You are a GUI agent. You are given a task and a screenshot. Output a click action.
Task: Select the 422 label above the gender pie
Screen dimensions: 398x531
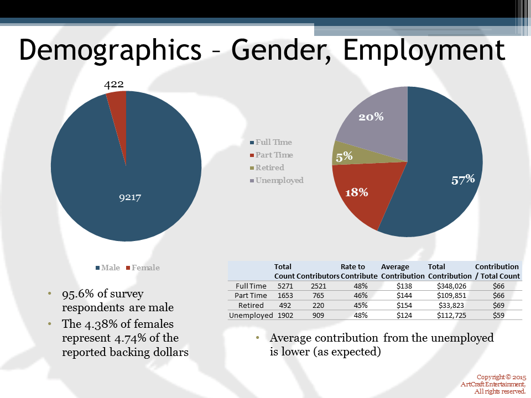coord(114,84)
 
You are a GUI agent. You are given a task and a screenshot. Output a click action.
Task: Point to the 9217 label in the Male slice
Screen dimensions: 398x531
coord(131,197)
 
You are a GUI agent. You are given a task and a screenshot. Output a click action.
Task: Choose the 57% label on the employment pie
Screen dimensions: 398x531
coord(463,179)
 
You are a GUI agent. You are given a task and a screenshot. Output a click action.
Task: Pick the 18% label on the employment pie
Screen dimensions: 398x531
coord(357,192)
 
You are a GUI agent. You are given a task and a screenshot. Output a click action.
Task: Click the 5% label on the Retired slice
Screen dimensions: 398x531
coord(344,156)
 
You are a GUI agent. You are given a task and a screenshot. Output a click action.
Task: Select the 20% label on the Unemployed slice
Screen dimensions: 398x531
coord(371,117)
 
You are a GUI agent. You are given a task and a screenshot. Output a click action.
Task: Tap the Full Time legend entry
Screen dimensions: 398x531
coord(273,142)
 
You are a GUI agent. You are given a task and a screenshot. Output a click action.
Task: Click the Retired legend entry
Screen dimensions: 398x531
coord(269,167)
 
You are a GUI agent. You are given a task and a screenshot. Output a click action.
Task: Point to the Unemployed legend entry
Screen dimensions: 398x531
coord(279,180)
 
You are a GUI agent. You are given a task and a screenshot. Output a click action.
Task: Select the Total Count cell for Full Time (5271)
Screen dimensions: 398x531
coord(284,286)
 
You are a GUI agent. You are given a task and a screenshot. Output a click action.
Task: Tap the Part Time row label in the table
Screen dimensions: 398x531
coord(251,296)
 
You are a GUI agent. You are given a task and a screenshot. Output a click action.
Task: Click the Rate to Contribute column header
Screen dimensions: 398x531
coord(359,271)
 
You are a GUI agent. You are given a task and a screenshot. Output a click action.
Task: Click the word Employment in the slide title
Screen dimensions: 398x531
coord(424,50)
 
